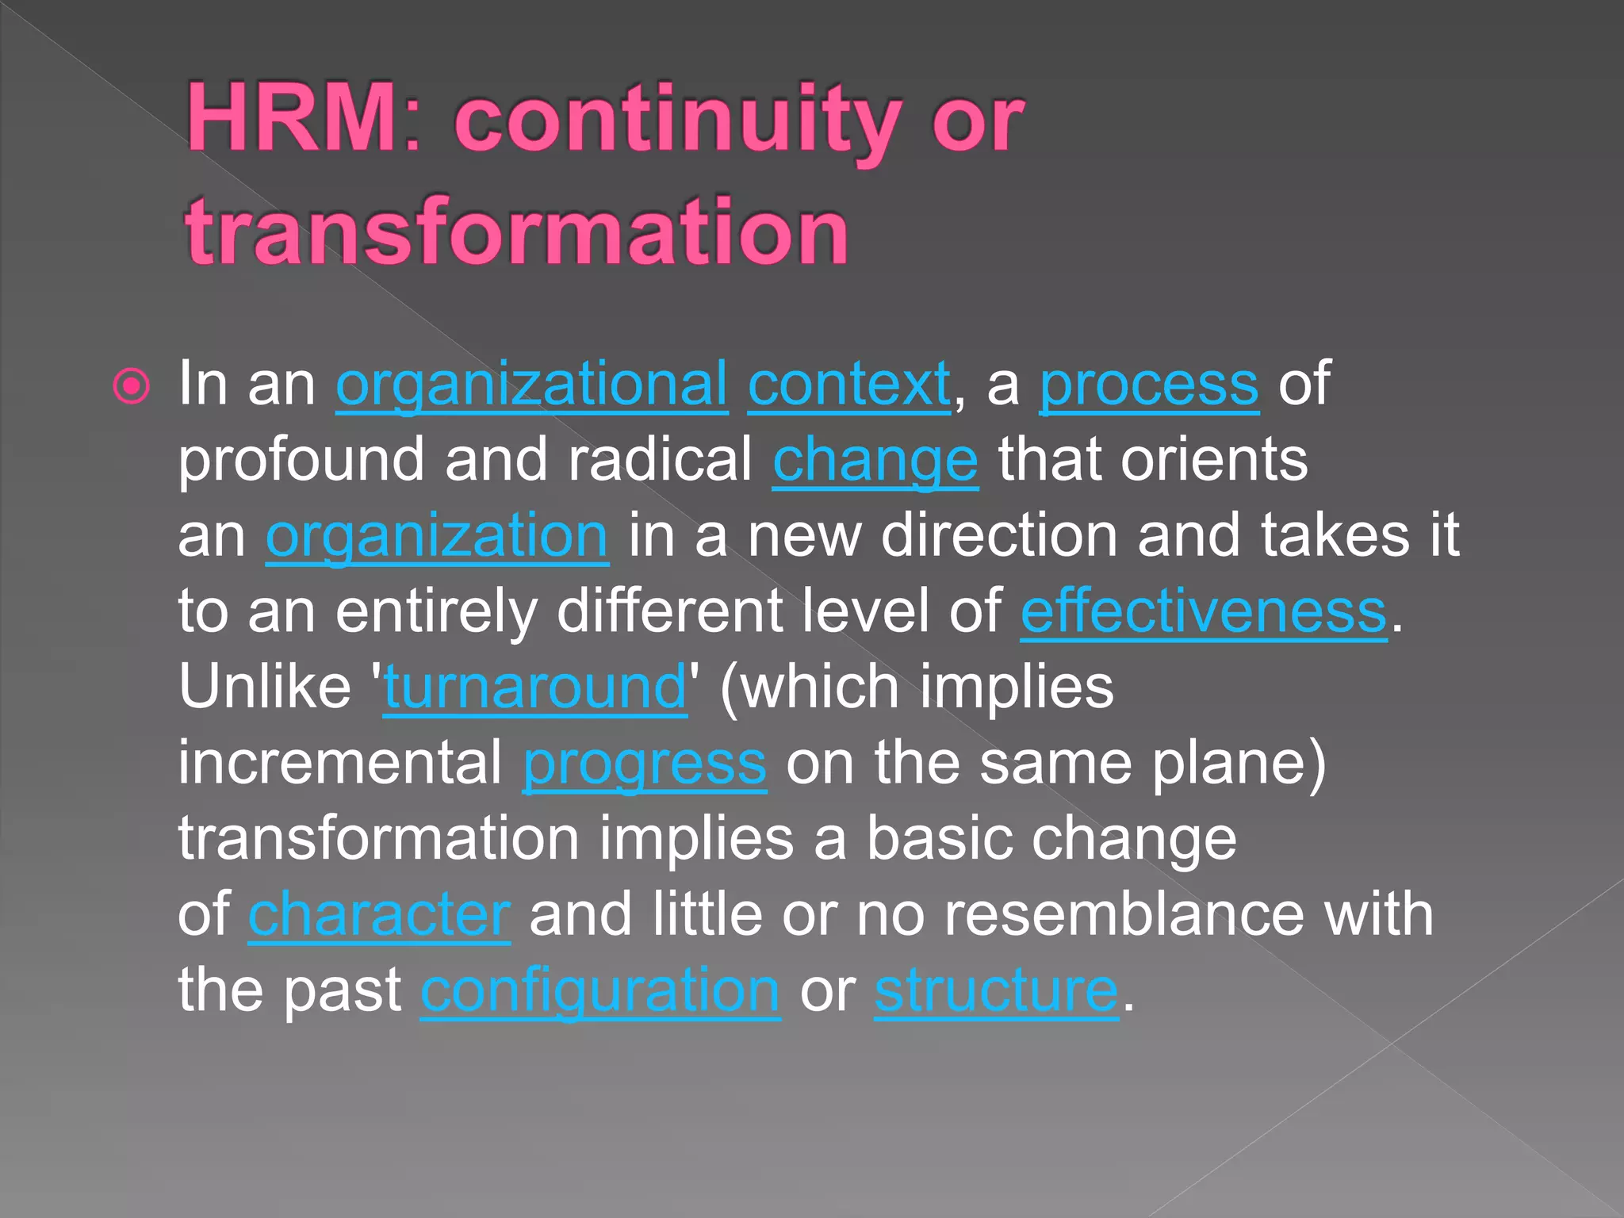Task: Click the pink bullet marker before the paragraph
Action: (x=132, y=387)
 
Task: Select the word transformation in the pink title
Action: (x=517, y=232)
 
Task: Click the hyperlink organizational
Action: (x=531, y=385)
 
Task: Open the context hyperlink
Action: (x=848, y=384)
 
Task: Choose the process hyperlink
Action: (x=1148, y=385)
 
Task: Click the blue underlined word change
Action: (x=875, y=461)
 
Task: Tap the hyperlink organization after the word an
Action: (x=437, y=537)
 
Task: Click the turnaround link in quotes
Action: (x=535, y=688)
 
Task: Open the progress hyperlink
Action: (x=644, y=764)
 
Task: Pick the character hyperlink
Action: (x=379, y=915)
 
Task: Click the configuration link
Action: (x=600, y=991)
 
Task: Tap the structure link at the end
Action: (x=996, y=991)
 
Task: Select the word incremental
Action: (x=339, y=762)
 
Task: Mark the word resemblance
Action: (x=1124, y=914)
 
